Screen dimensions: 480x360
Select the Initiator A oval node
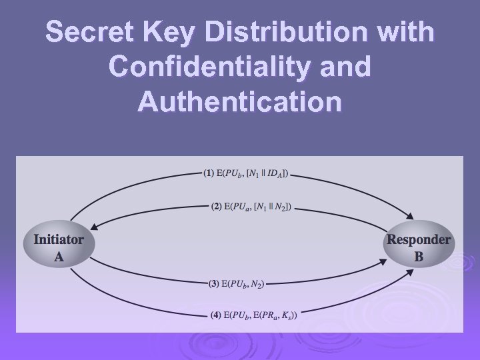coord(59,247)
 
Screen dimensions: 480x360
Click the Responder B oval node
coord(419,247)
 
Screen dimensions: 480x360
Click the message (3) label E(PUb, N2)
coord(237,284)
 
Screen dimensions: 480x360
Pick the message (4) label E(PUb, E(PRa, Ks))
coord(253,314)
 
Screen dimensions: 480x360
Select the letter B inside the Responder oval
coord(419,256)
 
